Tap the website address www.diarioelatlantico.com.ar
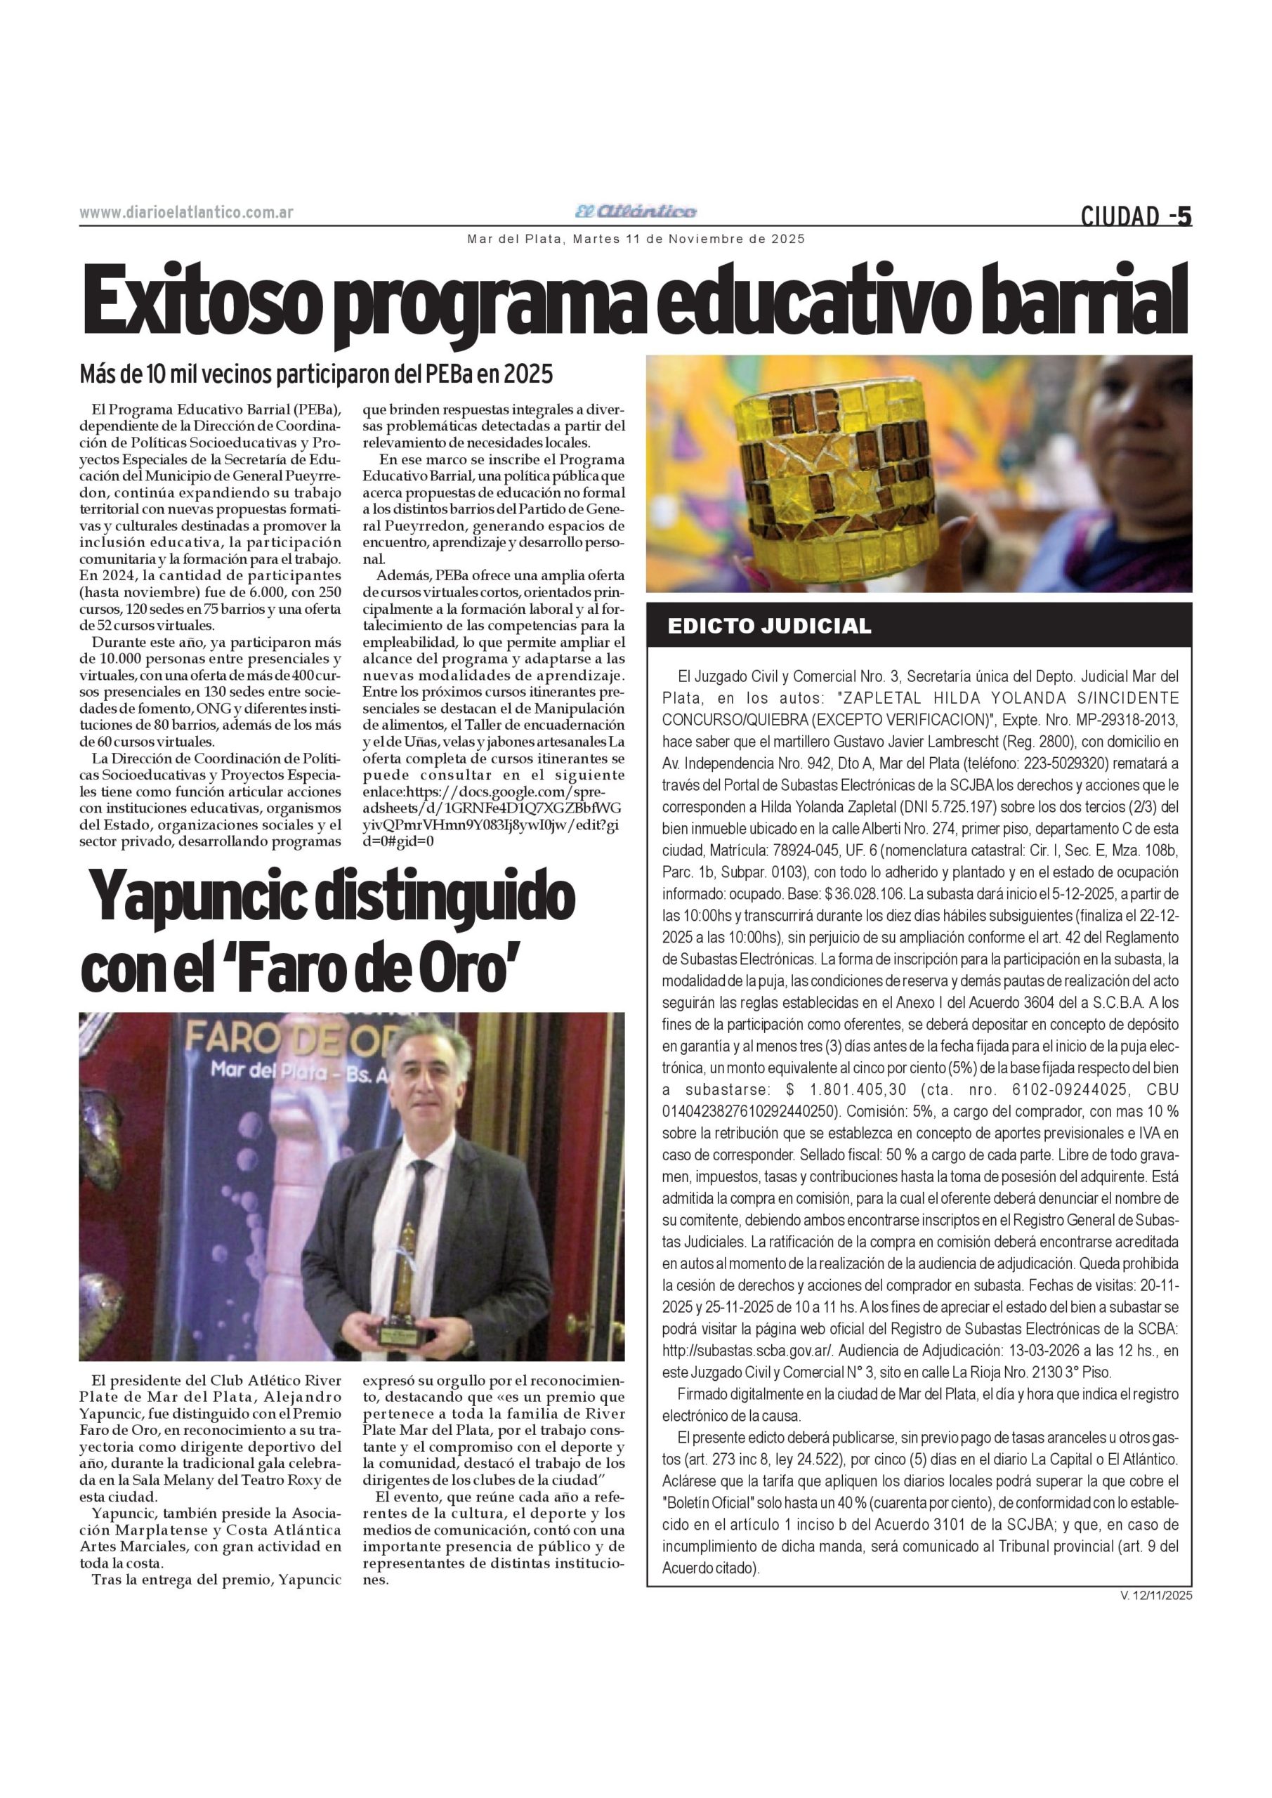tap(186, 213)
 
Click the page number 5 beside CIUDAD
tap(1184, 216)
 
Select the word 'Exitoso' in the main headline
tap(203, 301)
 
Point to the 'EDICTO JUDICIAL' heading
tap(769, 626)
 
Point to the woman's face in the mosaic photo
tap(1128, 423)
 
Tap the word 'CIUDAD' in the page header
tap(1120, 216)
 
